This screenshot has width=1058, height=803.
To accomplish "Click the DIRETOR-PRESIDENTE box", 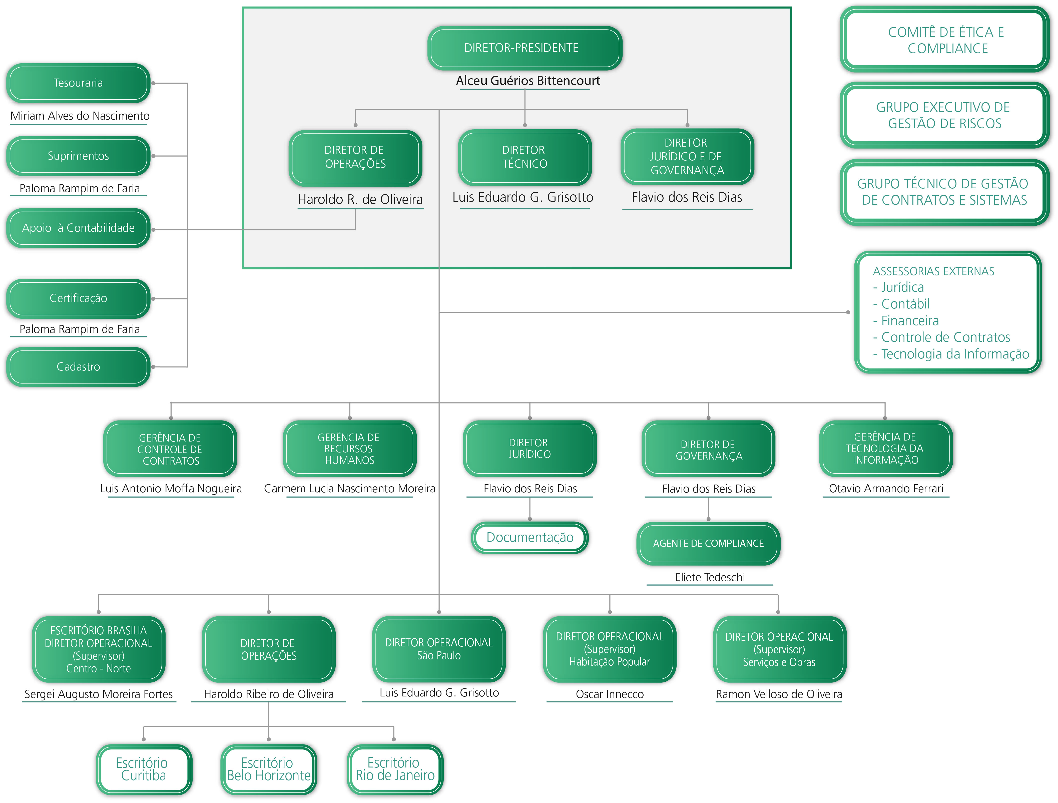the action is pyautogui.click(x=525, y=48).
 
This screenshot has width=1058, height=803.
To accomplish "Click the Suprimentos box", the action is pyautogui.click(x=79, y=156).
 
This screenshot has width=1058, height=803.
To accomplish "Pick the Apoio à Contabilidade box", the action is pyautogui.click(x=79, y=228).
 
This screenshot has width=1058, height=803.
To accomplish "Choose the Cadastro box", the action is pyautogui.click(x=79, y=367).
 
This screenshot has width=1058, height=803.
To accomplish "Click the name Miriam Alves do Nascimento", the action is pyautogui.click(x=80, y=116).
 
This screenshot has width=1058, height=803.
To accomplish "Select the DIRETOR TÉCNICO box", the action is pyautogui.click(x=525, y=157).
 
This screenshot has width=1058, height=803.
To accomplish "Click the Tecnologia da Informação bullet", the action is pyautogui.click(x=951, y=354).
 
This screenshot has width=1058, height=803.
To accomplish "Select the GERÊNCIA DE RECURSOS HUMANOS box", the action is pyautogui.click(x=350, y=449).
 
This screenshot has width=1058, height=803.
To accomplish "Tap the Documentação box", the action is pyautogui.click(x=530, y=538).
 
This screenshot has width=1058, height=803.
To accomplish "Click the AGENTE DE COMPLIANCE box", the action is pyautogui.click(x=708, y=544).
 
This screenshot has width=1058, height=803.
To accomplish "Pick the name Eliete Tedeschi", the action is pyautogui.click(x=710, y=577).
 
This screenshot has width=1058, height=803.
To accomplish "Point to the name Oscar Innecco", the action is pyautogui.click(x=610, y=694).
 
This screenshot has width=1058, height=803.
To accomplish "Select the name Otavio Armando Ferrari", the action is pyautogui.click(x=886, y=488).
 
